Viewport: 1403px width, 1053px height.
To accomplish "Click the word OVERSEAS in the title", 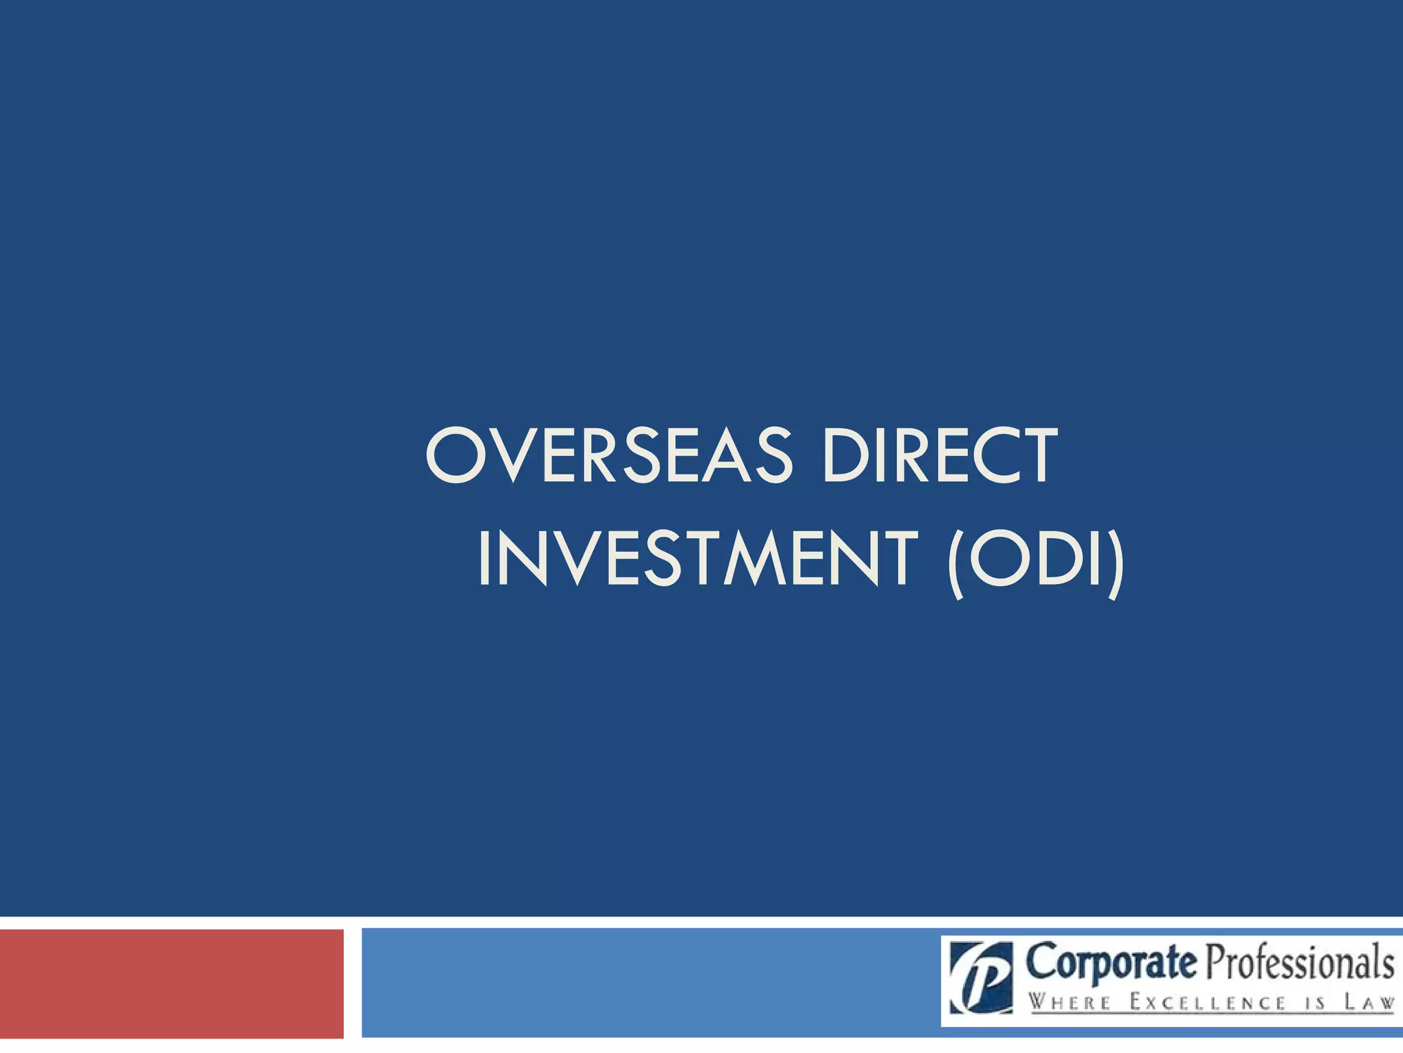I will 608,455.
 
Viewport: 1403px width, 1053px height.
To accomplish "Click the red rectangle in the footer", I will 171,983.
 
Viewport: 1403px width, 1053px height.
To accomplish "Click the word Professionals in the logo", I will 1300,963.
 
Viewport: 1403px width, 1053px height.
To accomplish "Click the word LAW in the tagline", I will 1369,1003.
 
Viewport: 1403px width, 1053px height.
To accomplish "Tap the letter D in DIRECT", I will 847,455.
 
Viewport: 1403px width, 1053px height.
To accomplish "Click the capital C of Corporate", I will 1043,962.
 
